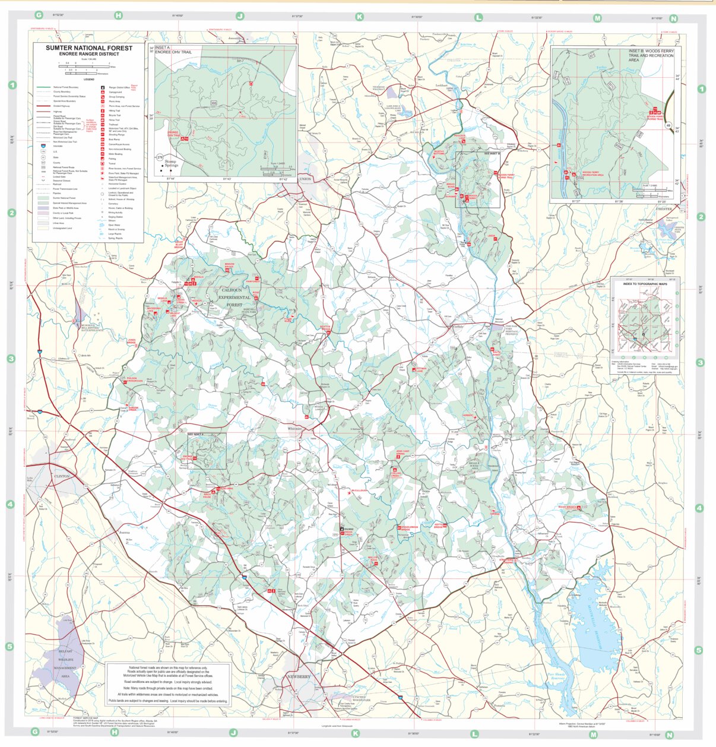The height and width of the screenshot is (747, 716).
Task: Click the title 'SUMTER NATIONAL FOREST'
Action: click(x=89, y=48)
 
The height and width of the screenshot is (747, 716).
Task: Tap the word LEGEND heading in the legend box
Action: click(x=88, y=80)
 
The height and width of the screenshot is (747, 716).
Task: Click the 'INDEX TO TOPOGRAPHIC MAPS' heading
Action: click(x=645, y=284)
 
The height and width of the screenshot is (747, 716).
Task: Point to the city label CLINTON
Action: click(x=62, y=476)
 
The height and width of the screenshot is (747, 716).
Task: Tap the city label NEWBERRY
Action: click(x=299, y=677)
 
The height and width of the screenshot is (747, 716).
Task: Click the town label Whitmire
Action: click(x=294, y=428)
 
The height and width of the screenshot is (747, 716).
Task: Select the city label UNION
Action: click(x=305, y=179)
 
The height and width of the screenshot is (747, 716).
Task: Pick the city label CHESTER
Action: click(x=664, y=209)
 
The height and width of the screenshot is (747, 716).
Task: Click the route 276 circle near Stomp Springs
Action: click(x=159, y=157)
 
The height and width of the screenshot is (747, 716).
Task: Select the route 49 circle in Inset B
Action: click(x=668, y=125)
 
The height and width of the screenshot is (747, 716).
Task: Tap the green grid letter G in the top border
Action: click(x=39, y=15)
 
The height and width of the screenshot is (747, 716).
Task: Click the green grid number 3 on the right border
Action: click(x=701, y=362)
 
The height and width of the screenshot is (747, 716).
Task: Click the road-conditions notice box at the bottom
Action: click(x=168, y=684)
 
